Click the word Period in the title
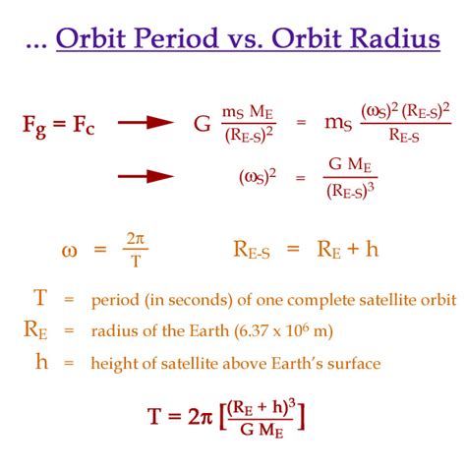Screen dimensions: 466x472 click(x=177, y=37)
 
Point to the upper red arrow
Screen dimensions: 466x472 click(x=146, y=123)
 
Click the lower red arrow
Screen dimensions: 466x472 click(x=146, y=176)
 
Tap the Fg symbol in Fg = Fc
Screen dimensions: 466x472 click(x=34, y=127)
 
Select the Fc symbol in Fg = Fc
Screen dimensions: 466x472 click(x=84, y=125)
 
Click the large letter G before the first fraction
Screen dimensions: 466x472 click(x=202, y=124)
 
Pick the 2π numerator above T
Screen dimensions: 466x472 click(x=136, y=239)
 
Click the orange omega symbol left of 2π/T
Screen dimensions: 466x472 click(x=69, y=252)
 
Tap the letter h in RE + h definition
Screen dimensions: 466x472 click(x=372, y=249)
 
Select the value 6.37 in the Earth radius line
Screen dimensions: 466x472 click(x=254, y=331)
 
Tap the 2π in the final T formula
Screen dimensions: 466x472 click(x=201, y=417)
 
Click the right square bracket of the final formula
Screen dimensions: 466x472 click(x=301, y=417)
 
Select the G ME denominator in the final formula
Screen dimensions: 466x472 click(x=262, y=430)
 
